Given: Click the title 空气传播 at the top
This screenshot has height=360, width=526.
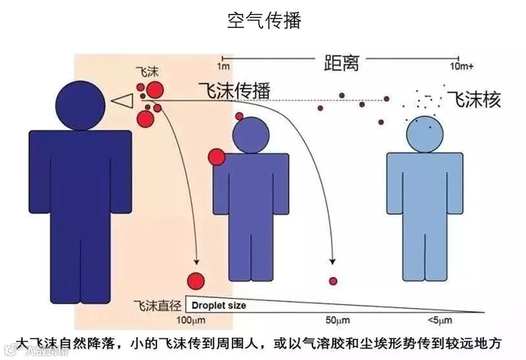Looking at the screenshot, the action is coord(263,21).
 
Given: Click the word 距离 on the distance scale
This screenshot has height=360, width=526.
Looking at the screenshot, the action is coord(341,62).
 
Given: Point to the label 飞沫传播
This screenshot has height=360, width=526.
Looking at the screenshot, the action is coord(234,91).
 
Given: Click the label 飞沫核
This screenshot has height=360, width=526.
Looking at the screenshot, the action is coord(474,99).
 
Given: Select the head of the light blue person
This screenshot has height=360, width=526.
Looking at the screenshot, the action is coord(425,133).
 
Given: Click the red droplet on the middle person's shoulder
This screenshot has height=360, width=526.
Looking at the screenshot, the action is coord(216,157).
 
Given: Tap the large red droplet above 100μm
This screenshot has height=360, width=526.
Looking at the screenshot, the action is coord(196,280).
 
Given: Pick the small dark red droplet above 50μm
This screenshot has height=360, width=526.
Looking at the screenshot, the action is coord(333,281).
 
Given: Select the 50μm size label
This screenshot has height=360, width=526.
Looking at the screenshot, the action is coord(336,321).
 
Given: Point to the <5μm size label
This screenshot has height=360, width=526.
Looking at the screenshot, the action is coord(439,321).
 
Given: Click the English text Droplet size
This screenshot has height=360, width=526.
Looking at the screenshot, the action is coord(219,306).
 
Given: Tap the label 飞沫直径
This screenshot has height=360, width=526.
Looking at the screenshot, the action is coord(157,306).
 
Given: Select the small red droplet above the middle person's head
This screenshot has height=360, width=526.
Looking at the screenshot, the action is coord(239,116).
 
